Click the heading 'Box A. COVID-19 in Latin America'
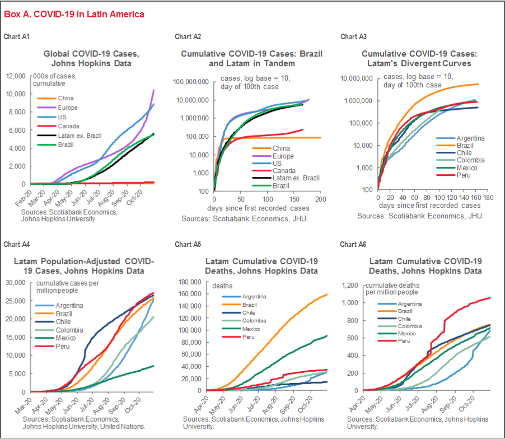point(74,14)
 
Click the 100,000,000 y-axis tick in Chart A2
point(191,82)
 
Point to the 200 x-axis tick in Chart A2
point(321,199)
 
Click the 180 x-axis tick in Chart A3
point(489,198)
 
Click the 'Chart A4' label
point(16,244)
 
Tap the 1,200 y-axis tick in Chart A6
point(353,285)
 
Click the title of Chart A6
point(425,266)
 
